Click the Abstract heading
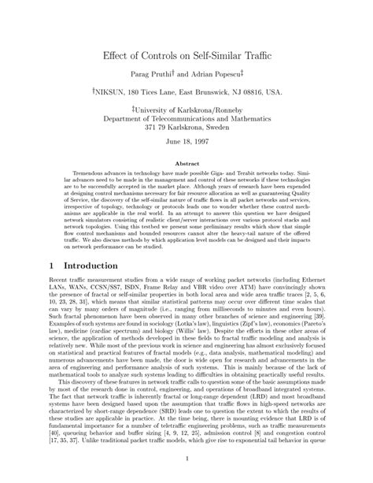tap(186, 164)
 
